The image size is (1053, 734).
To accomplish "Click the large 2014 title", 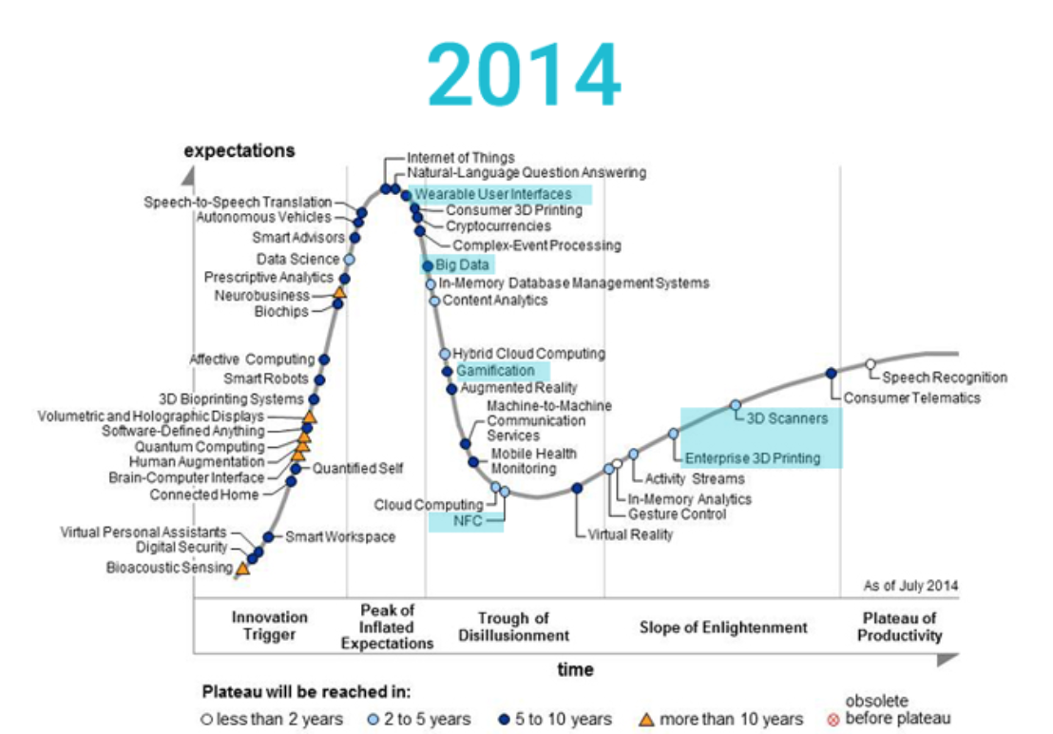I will tap(524, 76).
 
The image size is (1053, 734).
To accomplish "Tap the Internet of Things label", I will tap(461, 158).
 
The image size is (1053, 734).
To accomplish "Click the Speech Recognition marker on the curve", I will tap(870, 364).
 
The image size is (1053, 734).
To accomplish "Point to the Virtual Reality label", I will tap(630, 534).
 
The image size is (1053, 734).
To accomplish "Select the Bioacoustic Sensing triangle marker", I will tap(242, 569).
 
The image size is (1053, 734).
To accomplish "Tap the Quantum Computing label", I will tap(200, 447).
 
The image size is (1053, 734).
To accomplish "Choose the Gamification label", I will tap(495, 371).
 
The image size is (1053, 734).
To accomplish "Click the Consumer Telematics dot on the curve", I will tap(831, 374).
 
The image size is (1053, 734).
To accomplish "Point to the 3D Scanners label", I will tap(787, 417).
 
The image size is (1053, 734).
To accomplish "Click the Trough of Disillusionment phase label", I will tap(514, 628).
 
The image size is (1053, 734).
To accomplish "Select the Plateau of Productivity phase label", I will tap(899, 628).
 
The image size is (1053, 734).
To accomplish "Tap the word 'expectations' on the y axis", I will tap(239, 151).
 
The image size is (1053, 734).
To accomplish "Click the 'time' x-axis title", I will tap(575, 669).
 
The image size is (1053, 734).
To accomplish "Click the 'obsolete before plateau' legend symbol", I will tap(833, 720).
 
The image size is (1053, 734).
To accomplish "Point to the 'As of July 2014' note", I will tap(910, 585).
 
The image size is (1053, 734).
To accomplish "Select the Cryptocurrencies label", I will tap(498, 226).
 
